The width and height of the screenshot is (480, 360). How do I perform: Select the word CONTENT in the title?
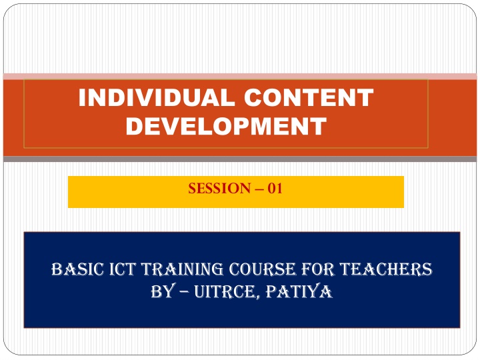[309, 97]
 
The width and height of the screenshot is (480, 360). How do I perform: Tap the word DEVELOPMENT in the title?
[226, 126]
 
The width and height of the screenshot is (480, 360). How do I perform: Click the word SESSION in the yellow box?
[219, 188]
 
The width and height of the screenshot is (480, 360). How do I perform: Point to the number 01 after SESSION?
[275, 188]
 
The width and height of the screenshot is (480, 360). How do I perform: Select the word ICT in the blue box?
[123, 269]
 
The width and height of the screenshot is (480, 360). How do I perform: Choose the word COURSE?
[263, 269]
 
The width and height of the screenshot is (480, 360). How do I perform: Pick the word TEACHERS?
[386, 269]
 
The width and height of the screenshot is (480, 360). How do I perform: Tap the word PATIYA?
[299, 291]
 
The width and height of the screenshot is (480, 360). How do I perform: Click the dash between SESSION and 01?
[259, 189]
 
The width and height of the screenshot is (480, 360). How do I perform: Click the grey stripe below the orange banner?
[240, 159]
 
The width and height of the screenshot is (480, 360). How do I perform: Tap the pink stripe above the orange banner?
[240, 76]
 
